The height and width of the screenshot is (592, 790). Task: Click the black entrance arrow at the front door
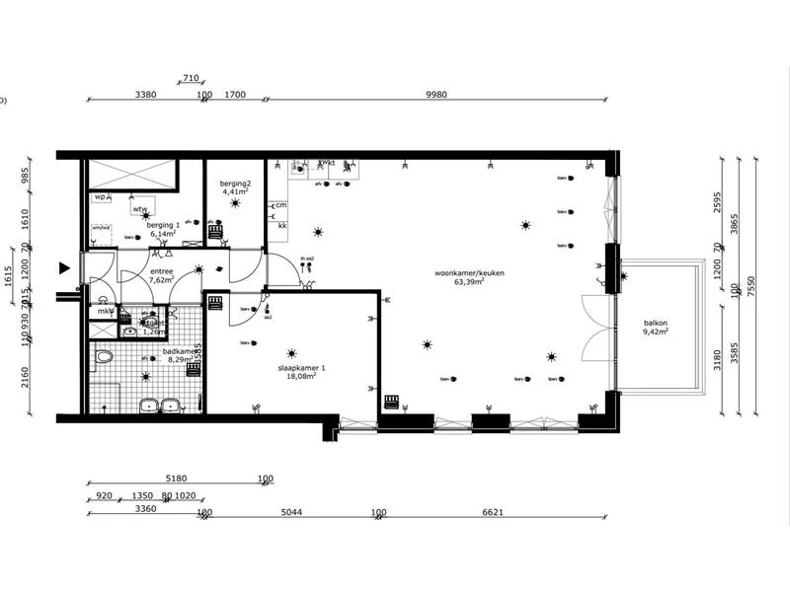pos(65,267)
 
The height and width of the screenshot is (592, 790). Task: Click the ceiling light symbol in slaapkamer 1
pos(290,353)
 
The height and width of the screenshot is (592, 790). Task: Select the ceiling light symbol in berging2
pos(235,203)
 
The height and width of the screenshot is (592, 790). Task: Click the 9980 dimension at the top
pos(436,95)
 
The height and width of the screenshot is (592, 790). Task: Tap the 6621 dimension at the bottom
pos(494,512)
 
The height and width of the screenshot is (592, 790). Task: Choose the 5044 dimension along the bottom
pos(291,512)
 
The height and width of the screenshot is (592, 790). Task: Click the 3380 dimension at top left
pos(145,95)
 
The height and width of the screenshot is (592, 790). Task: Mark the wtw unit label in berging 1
pos(140,209)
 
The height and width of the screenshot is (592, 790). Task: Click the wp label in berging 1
pos(100,197)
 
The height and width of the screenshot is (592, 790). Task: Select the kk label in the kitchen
pos(282,226)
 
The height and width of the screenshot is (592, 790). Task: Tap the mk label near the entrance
pos(102,312)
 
